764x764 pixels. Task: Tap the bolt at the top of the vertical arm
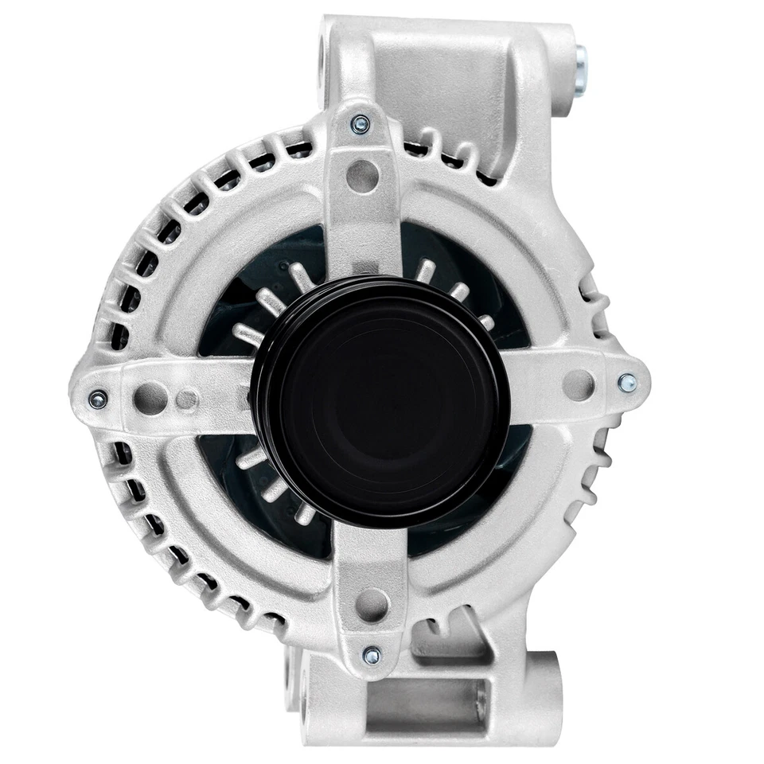[361, 125]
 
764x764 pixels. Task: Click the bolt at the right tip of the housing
[628, 383]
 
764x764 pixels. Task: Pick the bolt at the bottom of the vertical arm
[371, 656]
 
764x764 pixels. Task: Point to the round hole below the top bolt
[362, 174]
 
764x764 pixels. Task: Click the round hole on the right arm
[579, 385]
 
